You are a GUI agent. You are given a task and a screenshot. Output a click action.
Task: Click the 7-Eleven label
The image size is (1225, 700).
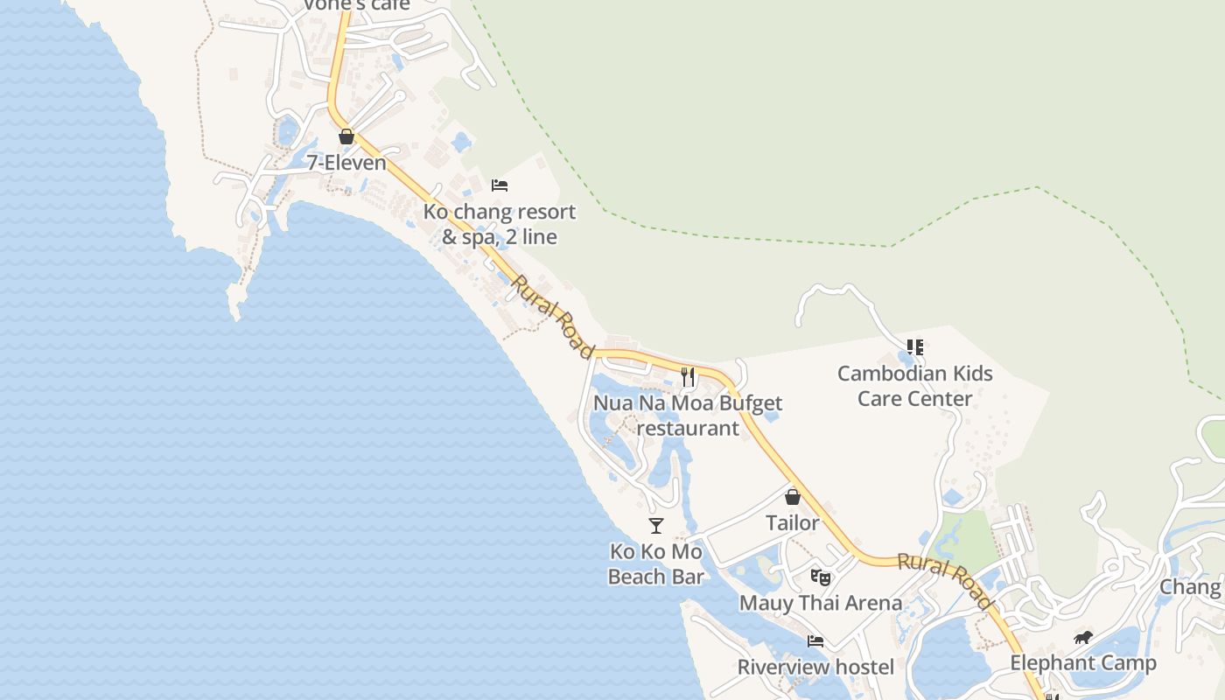click(346, 163)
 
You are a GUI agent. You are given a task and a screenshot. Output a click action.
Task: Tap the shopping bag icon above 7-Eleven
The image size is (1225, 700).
click(346, 136)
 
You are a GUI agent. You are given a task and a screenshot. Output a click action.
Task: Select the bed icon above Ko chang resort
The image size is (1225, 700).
click(500, 185)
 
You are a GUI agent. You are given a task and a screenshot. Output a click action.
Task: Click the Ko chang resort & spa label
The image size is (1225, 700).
click(500, 224)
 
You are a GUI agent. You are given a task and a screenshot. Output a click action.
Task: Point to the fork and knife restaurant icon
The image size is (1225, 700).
click(688, 377)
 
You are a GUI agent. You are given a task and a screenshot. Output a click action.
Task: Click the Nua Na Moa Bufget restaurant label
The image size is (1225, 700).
click(688, 416)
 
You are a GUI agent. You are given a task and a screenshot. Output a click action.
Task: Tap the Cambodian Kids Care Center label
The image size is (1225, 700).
click(915, 386)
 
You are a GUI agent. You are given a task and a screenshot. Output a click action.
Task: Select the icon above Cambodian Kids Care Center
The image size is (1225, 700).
click(915, 347)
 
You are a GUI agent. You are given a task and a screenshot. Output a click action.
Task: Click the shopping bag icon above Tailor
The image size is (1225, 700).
click(793, 497)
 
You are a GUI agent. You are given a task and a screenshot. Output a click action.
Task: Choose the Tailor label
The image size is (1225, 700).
click(793, 523)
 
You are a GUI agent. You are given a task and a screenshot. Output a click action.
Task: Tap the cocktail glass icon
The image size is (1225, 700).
click(656, 526)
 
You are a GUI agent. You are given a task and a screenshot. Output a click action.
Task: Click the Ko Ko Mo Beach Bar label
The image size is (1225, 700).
click(656, 564)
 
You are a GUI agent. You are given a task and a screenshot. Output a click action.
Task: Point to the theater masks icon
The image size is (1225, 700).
click(820, 577)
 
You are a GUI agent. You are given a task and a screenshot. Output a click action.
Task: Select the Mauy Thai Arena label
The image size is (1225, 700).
click(821, 603)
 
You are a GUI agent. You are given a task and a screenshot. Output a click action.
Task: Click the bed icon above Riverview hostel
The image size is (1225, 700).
click(815, 641)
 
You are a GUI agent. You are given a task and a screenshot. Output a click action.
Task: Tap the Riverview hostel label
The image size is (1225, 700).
click(815, 668)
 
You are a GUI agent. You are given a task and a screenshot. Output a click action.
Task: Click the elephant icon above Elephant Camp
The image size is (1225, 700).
click(1083, 637)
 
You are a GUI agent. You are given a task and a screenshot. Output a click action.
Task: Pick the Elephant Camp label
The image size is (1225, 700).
click(1083, 663)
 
